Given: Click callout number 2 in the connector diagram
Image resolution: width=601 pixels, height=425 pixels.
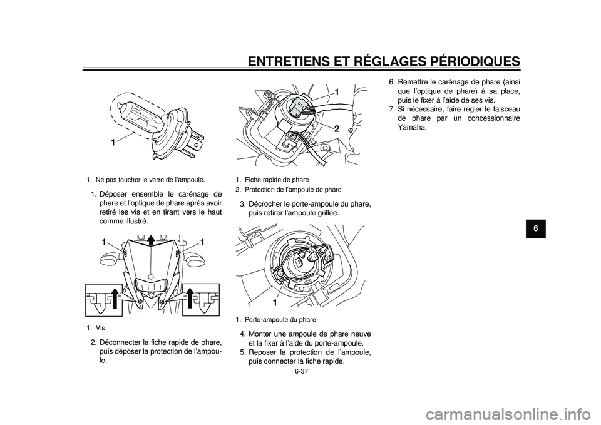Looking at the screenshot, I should pos(336,128).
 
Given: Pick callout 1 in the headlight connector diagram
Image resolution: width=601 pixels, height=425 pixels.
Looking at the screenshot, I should pos(336,92).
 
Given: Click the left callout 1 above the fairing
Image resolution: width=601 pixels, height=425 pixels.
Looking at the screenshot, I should pos(99,242).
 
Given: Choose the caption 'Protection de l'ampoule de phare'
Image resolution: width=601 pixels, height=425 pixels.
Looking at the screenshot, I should pos(293,189).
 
